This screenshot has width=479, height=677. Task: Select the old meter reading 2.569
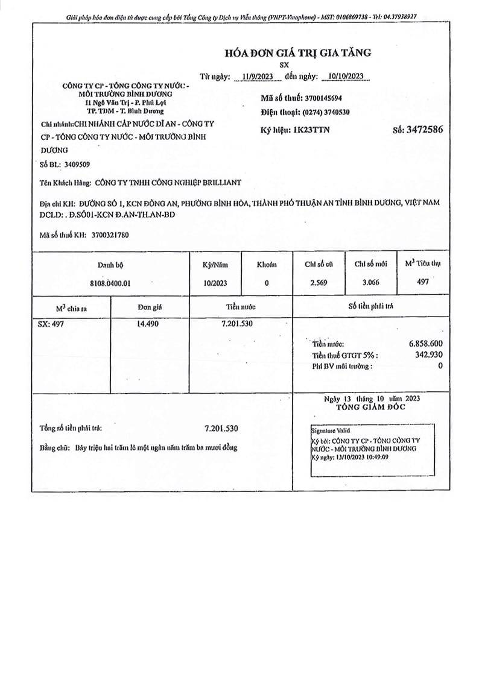[318, 282]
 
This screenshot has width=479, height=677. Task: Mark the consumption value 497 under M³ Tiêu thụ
[423, 281]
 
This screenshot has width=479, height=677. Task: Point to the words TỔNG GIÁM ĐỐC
[371, 407]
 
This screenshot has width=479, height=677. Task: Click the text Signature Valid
[330, 432]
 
